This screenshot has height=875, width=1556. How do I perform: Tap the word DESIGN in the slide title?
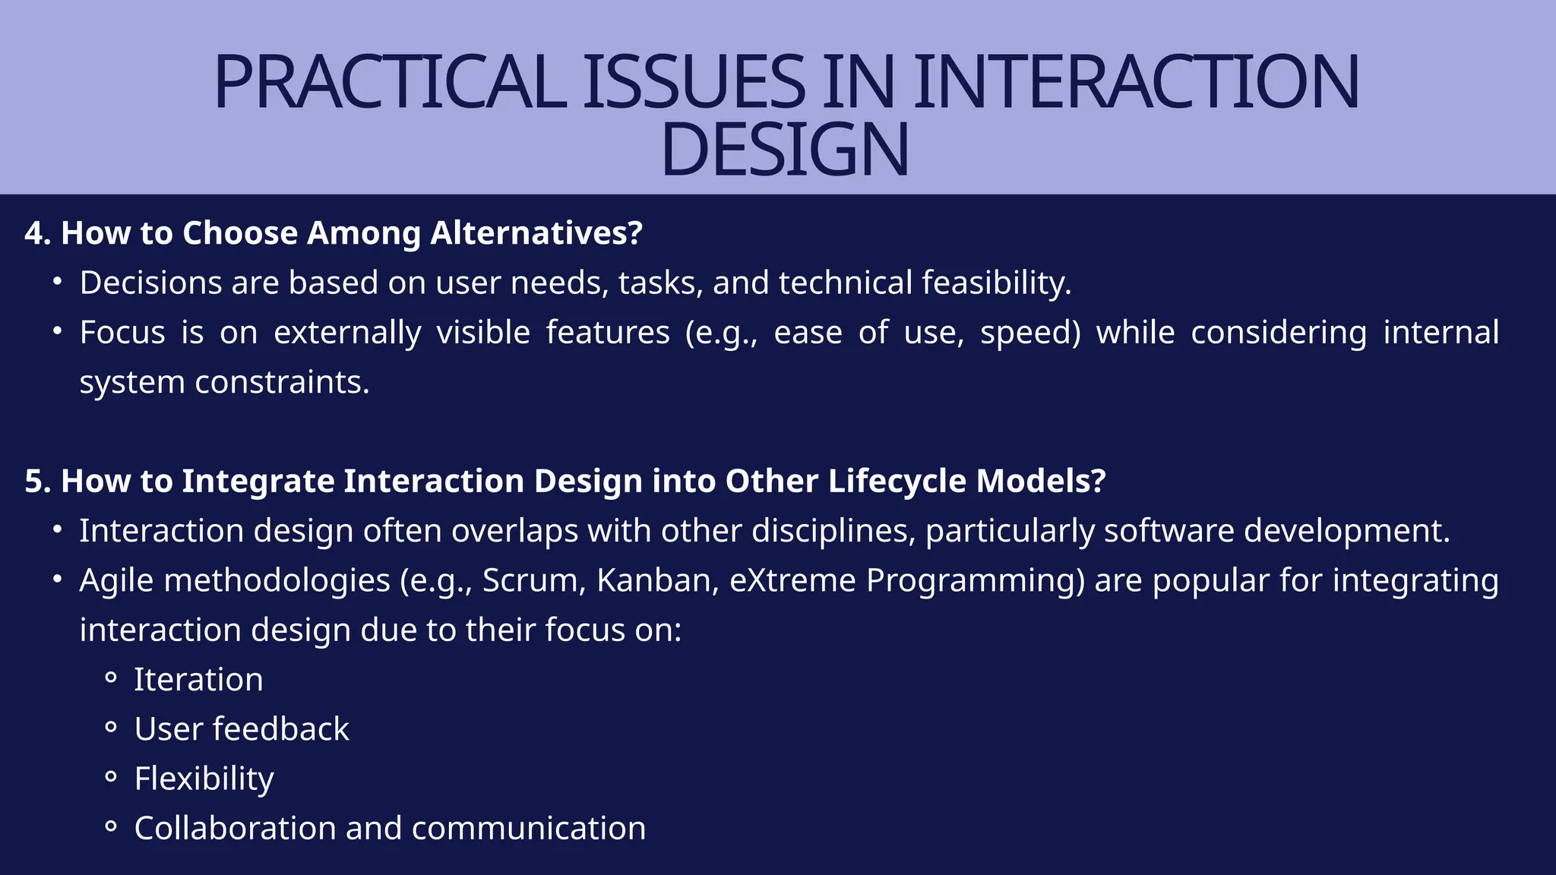click(x=785, y=150)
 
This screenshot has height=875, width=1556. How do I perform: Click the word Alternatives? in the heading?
click(x=536, y=233)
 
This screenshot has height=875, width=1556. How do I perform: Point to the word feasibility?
click(x=996, y=283)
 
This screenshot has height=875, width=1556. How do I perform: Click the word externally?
click(x=347, y=333)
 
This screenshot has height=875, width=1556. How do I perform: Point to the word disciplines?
click(x=833, y=531)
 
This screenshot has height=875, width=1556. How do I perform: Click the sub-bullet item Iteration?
click(x=198, y=680)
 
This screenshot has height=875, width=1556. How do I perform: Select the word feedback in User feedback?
click(x=281, y=729)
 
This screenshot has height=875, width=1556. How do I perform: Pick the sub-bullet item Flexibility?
click(x=204, y=779)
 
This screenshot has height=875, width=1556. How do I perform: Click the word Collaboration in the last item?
click(x=235, y=829)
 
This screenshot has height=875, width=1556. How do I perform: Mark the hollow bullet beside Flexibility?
click(x=111, y=777)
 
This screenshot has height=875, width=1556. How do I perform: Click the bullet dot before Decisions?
click(x=57, y=282)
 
